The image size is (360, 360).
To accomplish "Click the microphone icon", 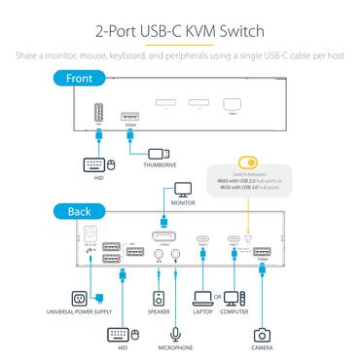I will click(x=175, y=332).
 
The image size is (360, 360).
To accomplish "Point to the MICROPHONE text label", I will click(x=175, y=348).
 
